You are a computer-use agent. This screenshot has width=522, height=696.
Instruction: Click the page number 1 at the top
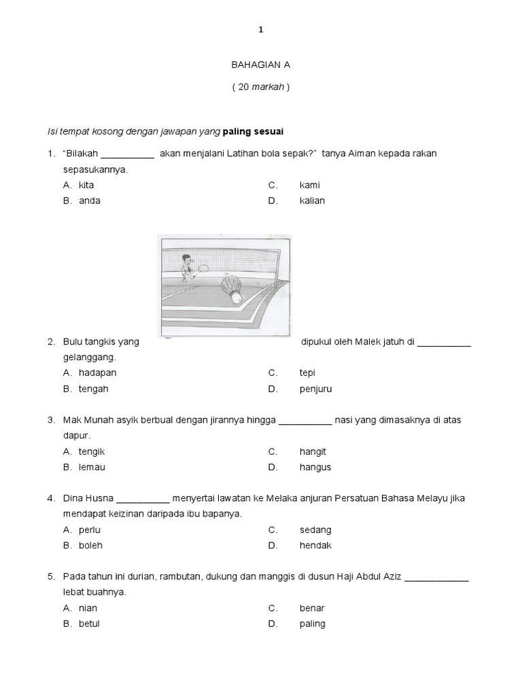coord(260,29)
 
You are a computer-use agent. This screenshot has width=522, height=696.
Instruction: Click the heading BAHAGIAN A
coord(260,65)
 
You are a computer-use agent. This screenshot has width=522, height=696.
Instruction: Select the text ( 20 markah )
coord(260,88)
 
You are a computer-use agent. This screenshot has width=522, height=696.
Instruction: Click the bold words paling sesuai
coord(254,130)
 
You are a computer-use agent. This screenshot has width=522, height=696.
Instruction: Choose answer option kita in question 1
coord(86,185)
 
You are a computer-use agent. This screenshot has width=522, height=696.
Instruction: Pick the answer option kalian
coord(312,201)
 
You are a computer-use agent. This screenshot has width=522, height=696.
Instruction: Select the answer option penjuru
coord(315,389)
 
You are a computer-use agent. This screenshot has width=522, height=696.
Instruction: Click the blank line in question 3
coord(305,421)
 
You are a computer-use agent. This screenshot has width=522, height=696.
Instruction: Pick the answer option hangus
coord(315,467)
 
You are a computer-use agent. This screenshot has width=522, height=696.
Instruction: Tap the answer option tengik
coord(92,451)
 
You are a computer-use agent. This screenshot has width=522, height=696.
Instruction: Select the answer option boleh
coord(90,545)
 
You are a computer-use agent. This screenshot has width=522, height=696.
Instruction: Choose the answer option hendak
coord(315,545)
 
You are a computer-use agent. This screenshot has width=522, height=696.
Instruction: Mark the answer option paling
coord(312,623)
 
